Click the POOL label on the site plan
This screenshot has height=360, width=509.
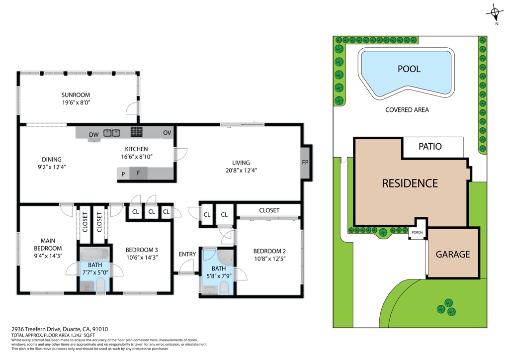pyautogui.click(x=409, y=69)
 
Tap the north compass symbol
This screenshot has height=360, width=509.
pyautogui.click(x=495, y=13)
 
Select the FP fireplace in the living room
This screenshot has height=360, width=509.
pyautogui.click(x=305, y=162)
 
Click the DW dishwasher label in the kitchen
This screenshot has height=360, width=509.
pyautogui.click(x=94, y=135)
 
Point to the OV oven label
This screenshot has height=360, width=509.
pyautogui.click(x=167, y=133)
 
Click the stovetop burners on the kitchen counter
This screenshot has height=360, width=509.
pyautogui.click(x=136, y=131)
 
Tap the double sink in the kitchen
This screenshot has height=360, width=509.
pyautogui.click(x=112, y=133)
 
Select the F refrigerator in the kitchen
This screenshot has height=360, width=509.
pyautogui.click(x=138, y=173)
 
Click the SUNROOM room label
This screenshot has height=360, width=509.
pyautogui.click(x=76, y=95)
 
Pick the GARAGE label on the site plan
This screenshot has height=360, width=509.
pyautogui.click(x=453, y=254)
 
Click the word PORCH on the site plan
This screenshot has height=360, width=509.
pyautogui.click(x=417, y=232)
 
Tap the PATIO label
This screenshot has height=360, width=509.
pyautogui.click(x=430, y=146)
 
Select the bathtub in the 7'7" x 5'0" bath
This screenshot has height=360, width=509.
pyautogui.click(x=95, y=254)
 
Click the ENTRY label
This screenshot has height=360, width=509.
pyautogui.click(x=187, y=254)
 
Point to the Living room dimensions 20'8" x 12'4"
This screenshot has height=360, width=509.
pyautogui.click(x=241, y=170)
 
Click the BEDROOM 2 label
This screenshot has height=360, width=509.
pyautogui.click(x=269, y=251)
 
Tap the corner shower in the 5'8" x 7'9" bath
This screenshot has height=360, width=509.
pyautogui.click(x=226, y=257)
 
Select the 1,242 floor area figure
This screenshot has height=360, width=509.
pyautogui.click(x=76, y=335)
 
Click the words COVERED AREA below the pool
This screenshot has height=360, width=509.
pyautogui.click(x=407, y=110)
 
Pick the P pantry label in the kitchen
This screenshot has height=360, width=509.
pyautogui.click(x=123, y=175)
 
